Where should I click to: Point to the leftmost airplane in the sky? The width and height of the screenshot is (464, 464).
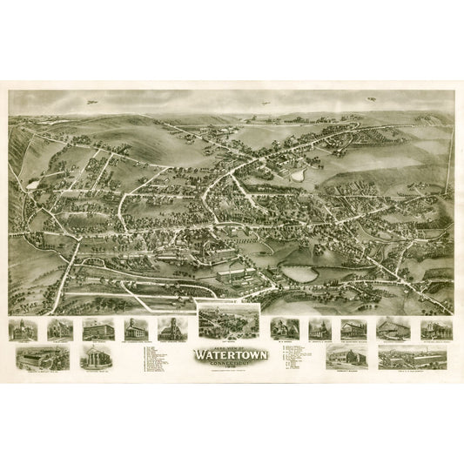(x=91, y=101)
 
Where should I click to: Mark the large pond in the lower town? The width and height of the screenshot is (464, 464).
(x=299, y=273)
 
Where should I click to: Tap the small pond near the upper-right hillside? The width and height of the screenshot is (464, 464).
(x=299, y=174)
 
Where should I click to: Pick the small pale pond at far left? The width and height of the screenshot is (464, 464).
(x=33, y=185)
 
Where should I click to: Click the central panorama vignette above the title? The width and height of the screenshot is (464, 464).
(x=230, y=320)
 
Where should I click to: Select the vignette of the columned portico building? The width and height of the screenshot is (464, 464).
(x=96, y=358)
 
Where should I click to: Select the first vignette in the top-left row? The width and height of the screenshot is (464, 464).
(x=21, y=329)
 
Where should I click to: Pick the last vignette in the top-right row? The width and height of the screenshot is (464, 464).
(x=435, y=328)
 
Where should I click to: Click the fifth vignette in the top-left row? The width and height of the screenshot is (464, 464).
(x=171, y=329)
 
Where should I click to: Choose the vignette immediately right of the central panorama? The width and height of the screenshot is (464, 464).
(x=285, y=328)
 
